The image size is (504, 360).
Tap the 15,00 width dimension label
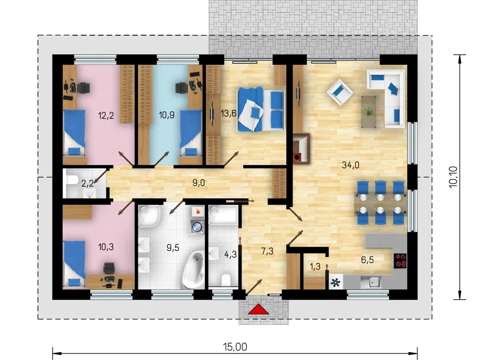[x=235, y=347]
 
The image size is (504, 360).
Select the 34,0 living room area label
[x=351, y=165]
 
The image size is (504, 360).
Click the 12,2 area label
[x=106, y=115]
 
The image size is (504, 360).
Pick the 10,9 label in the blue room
[x=167, y=115]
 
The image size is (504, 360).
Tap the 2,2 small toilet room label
[x=88, y=184]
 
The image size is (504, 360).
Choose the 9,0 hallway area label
[x=198, y=183]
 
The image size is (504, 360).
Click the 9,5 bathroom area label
[x=173, y=248]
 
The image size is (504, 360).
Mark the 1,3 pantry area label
[x=315, y=266]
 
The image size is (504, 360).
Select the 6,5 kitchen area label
[x=367, y=260]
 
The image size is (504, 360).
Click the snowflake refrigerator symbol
[x=336, y=283]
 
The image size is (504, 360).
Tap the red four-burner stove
[x=400, y=261]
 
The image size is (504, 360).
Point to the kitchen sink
[x=371, y=282]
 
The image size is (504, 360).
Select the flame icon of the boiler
[x=197, y=212]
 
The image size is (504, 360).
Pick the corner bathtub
[x=193, y=269]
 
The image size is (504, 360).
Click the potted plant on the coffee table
[x=369, y=111]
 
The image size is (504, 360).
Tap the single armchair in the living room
[x=340, y=92]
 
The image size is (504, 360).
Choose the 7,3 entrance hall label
[x=267, y=251]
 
